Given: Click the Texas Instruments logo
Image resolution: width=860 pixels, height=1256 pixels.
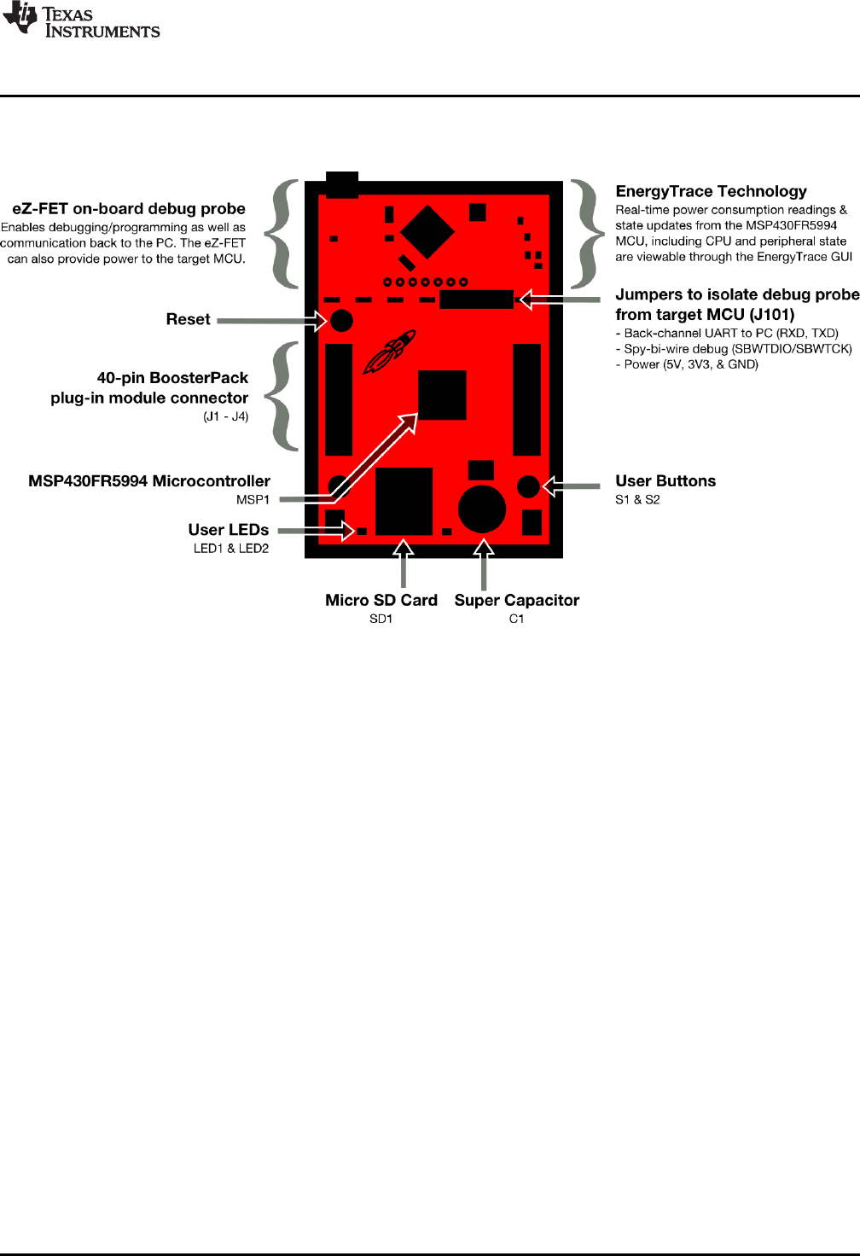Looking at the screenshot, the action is pyautogui.click(x=81, y=20).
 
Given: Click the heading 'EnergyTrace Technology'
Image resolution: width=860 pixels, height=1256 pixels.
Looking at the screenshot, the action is pyautogui.click(x=711, y=191).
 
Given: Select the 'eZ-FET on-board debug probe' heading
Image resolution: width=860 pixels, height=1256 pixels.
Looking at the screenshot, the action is pyautogui.click(x=129, y=208).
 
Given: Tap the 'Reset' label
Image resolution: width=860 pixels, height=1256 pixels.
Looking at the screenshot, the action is pyautogui.click(x=188, y=319).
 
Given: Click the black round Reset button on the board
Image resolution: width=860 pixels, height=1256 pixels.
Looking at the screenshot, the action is pyautogui.click(x=341, y=321).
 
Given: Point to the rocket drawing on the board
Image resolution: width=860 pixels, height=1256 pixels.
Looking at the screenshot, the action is pyautogui.click(x=389, y=351).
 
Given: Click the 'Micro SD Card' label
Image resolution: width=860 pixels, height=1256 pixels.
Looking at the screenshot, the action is pyautogui.click(x=381, y=600).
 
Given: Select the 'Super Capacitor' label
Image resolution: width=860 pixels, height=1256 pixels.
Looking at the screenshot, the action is pyautogui.click(x=516, y=600).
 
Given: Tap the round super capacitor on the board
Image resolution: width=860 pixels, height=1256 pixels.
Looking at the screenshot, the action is pyautogui.click(x=482, y=509).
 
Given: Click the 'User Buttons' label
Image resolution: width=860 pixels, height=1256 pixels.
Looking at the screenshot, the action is pyautogui.click(x=665, y=480).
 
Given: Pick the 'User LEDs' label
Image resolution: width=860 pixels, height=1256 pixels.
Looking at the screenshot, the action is pyautogui.click(x=228, y=529).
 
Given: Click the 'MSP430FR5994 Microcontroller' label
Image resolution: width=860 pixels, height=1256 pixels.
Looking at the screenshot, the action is pyautogui.click(x=149, y=480).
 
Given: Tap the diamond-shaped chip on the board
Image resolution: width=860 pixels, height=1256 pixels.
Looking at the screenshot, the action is pyautogui.click(x=427, y=232).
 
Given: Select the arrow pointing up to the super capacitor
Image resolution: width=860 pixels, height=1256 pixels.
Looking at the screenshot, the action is pyautogui.click(x=484, y=563).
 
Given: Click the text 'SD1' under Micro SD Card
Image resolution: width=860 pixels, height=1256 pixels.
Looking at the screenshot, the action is pyautogui.click(x=381, y=619).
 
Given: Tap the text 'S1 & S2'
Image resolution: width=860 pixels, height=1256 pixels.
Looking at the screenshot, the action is pyautogui.click(x=637, y=499).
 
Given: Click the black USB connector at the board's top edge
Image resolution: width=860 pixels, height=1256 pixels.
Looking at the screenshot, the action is pyautogui.click(x=342, y=184).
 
